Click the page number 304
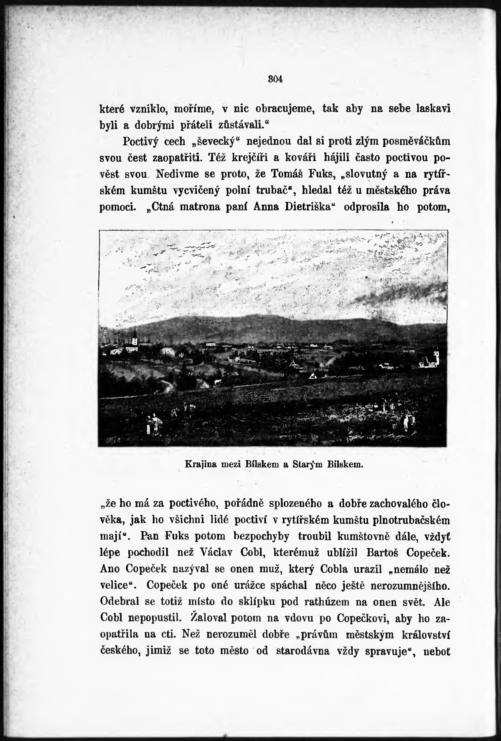click(x=275, y=79)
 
